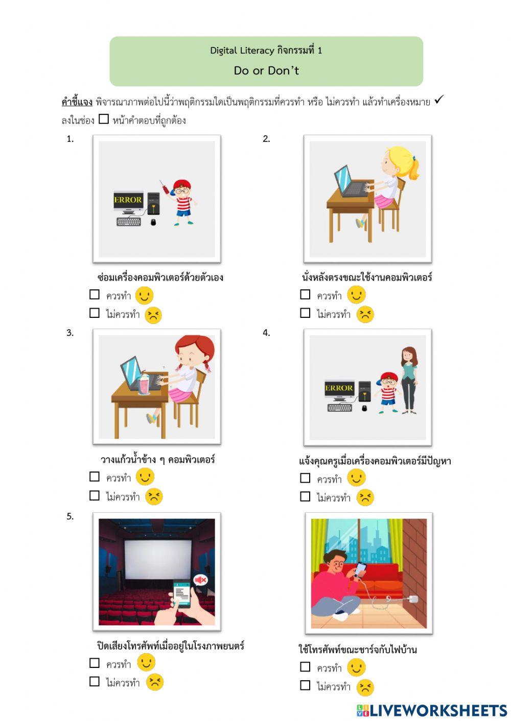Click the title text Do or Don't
[x=266, y=70]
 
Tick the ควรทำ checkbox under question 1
[x=95, y=294]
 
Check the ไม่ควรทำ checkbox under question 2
[x=305, y=313]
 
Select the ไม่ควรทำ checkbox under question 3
[x=95, y=495]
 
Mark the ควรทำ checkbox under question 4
[x=305, y=478]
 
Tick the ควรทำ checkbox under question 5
[x=95, y=663]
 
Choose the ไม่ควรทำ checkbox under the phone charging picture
[x=305, y=685]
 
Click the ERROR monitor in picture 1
[x=128, y=201]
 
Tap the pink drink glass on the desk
[x=144, y=384]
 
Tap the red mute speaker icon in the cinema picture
[x=200, y=580]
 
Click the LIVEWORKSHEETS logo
[x=432, y=710]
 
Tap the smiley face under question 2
[x=356, y=295]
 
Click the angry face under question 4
[x=365, y=497]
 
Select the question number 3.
[x=70, y=333]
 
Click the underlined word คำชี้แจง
[x=77, y=102]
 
